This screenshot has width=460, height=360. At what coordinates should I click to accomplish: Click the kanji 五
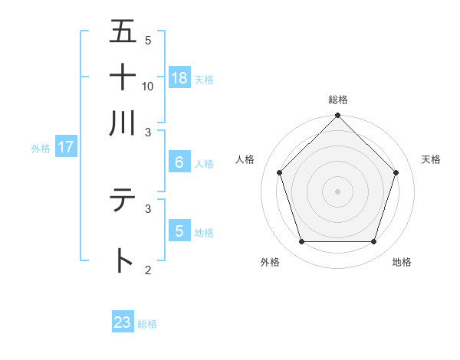tap(123, 32)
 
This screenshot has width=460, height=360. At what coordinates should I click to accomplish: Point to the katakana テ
tap(123, 201)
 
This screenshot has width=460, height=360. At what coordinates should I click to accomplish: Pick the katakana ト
tap(123, 260)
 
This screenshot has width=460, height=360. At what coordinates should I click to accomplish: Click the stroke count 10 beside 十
tap(148, 86)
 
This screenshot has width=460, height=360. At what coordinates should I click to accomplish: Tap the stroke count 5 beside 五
tap(148, 41)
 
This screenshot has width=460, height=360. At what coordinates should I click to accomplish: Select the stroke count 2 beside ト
tap(148, 270)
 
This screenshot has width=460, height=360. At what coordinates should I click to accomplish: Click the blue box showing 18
tap(179, 77)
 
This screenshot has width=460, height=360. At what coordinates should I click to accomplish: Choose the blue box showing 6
tap(179, 162)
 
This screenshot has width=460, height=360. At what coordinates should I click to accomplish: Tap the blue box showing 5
tap(179, 231)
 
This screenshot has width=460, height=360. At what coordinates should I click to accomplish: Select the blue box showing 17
tap(65, 147)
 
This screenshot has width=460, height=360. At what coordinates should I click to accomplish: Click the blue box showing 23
tap(123, 322)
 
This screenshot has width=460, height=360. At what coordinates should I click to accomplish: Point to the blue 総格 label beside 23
tap(147, 324)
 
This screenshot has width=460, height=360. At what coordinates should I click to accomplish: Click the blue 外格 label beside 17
tap(41, 149)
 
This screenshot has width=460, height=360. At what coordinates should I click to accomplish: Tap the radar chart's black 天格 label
tap(431, 159)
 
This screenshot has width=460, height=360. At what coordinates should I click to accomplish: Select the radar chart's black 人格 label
tap(245, 159)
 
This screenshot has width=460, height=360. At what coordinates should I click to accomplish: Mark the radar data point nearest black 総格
tap(338, 116)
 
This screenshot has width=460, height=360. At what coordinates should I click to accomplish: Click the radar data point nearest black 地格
tap(374, 242)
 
